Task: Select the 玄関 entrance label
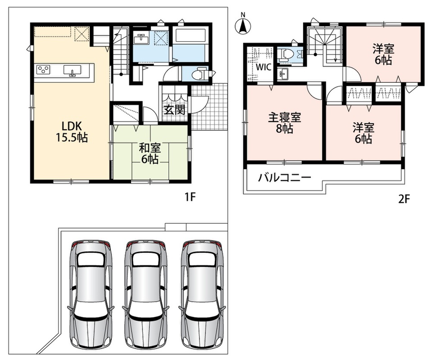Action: point(175,110)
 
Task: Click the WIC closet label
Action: point(264,67)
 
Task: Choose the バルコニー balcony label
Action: point(284,177)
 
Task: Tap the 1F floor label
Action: point(190,197)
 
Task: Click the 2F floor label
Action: point(404,199)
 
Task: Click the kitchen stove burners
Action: point(43,69)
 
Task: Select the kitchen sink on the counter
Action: point(72,70)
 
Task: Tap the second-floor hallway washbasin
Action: point(283,74)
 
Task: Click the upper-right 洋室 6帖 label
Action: point(383,54)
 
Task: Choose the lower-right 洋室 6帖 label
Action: point(364,134)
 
